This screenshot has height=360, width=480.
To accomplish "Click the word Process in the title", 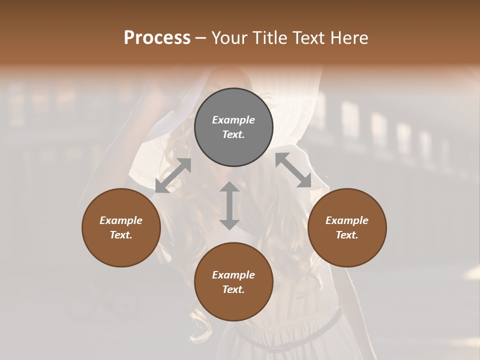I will click(x=157, y=38).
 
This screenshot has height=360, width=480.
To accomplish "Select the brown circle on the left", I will click(x=121, y=250).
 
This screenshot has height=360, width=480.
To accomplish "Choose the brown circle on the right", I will click(x=347, y=250).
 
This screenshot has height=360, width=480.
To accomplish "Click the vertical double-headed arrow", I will click(x=229, y=205).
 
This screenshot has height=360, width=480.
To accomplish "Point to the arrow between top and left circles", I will click(x=173, y=175).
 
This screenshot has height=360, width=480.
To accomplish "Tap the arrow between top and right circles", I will click(x=293, y=170).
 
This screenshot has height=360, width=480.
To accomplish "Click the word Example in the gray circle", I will click(x=233, y=120).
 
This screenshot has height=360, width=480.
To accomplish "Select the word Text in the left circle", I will click(x=121, y=235).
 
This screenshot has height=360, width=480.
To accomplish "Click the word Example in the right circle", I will click(x=347, y=220).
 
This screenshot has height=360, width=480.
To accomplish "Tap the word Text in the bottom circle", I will click(x=233, y=289).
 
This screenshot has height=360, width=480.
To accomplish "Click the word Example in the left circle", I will click(x=121, y=220).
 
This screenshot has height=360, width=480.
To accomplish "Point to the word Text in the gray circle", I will click(x=233, y=134).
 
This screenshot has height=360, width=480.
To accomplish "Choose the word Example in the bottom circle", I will click(x=233, y=275).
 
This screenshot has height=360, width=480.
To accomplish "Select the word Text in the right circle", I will click(x=347, y=235).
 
